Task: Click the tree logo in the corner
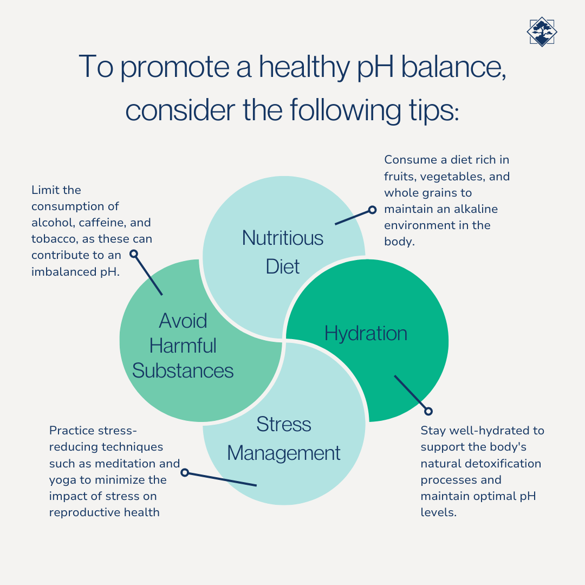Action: point(542,31)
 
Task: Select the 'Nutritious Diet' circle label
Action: point(283,252)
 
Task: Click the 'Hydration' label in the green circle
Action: point(366,333)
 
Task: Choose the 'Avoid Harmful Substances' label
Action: point(183,346)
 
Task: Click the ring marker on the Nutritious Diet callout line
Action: point(372,210)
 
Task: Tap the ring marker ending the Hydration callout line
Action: point(428,411)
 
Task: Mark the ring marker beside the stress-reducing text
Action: point(185,472)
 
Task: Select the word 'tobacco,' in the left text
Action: point(54,239)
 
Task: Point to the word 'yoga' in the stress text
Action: point(61,480)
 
